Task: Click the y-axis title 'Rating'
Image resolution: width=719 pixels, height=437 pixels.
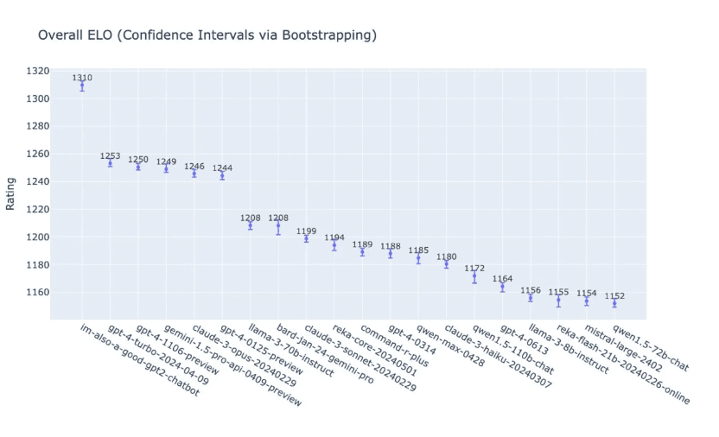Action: (x=10, y=193)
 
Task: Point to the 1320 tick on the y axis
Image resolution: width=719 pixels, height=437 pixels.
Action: (x=37, y=71)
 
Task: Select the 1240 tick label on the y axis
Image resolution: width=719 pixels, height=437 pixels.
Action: (x=37, y=181)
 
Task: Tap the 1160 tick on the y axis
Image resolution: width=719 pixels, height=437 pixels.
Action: (x=37, y=292)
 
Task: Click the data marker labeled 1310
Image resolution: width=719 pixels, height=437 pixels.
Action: (x=82, y=85)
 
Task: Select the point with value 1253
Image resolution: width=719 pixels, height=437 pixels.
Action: (x=110, y=163)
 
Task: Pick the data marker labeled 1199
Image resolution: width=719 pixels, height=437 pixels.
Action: (x=306, y=237)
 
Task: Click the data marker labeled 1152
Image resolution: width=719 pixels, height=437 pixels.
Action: (x=614, y=303)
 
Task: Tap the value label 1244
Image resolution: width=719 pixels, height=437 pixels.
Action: (x=222, y=168)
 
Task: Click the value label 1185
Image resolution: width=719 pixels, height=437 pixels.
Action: (x=418, y=250)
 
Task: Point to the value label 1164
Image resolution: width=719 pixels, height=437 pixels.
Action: (x=502, y=279)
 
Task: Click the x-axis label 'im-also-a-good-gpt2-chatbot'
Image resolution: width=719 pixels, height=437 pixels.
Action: (x=138, y=363)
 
